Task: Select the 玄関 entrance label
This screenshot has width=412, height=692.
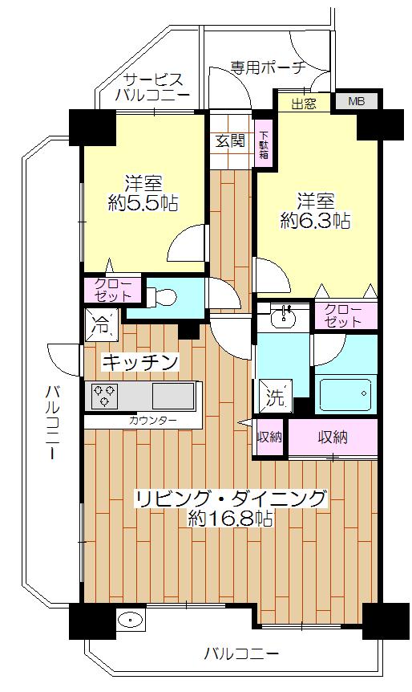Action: point(229,141)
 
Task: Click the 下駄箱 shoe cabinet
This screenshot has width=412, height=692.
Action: point(263,145)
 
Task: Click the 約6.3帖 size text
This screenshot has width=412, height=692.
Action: point(316,219)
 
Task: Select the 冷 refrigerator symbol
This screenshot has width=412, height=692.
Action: point(102,327)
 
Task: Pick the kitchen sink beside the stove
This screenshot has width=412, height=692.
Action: point(173,395)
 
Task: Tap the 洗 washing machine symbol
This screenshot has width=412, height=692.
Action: point(273,396)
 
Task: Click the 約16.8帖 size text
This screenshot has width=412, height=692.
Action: point(230,519)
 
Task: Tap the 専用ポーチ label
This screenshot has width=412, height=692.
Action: point(267,67)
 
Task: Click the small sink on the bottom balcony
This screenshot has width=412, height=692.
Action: point(128,621)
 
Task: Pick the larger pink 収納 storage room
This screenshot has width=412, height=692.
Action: point(333,438)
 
